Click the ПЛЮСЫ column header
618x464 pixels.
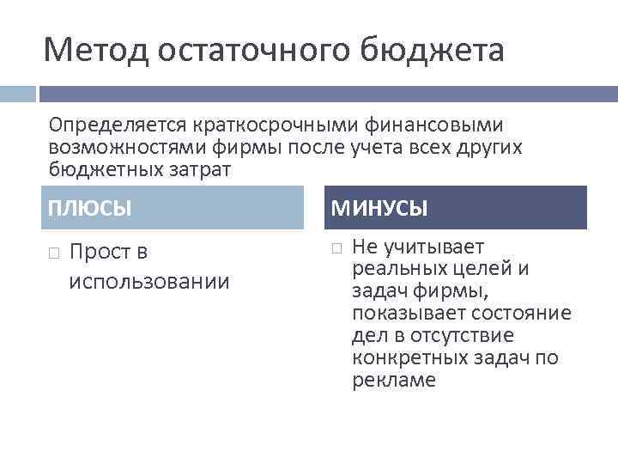coord(90,208)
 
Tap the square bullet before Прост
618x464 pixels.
coord(53,253)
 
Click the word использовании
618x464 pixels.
coord(149,281)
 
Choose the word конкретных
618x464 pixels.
coord(408,357)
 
